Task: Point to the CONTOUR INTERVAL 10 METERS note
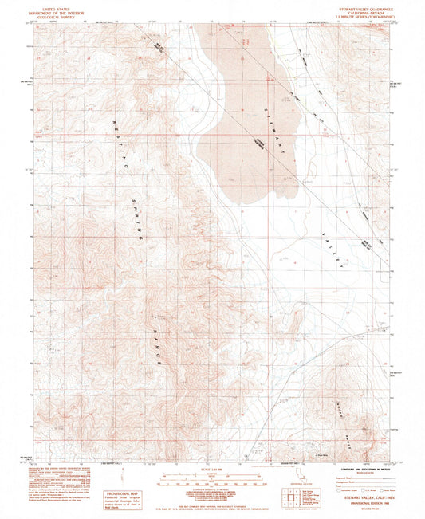click(212, 493)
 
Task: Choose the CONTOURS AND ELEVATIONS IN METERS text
click(360, 470)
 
